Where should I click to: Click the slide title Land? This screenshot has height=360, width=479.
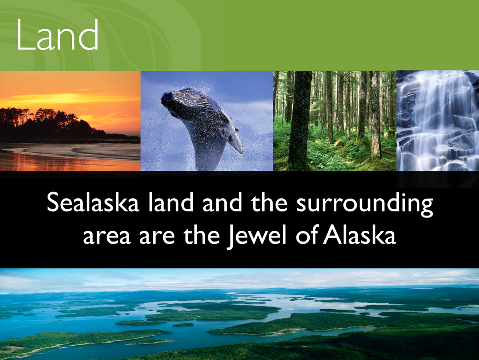pyautogui.click(x=57, y=34)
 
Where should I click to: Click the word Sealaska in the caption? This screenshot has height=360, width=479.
pyautogui.click(x=93, y=202)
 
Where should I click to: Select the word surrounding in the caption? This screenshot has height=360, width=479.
pyautogui.click(x=364, y=204)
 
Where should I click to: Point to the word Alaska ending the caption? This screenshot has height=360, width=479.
pyautogui.click(x=359, y=234)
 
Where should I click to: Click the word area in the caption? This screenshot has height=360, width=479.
pyautogui.click(x=107, y=237)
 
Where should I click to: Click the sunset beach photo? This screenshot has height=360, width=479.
pyautogui.click(x=70, y=121)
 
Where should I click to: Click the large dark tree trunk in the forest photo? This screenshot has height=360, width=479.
pyautogui.click(x=300, y=121)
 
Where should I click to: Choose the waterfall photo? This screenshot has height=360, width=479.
pyautogui.click(x=437, y=121)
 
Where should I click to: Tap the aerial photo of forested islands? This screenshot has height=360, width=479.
pyautogui.click(x=239, y=314)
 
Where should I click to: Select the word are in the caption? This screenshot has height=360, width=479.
pyautogui.click(x=157, y=237)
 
